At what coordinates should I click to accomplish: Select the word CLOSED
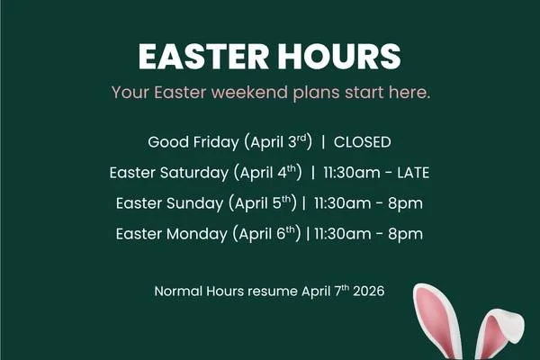coord(363,142)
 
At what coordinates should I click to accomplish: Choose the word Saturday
coord(195,173)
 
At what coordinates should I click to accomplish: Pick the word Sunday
coord(199,203)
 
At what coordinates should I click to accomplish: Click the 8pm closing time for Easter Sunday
coord(406,203)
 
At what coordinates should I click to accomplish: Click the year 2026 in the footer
coord(365,292)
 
